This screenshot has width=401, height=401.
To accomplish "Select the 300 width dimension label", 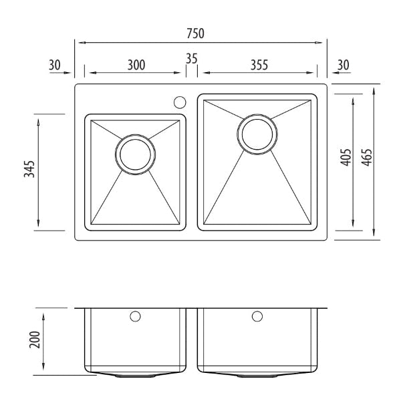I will pyautogui.click(x=136, y=65).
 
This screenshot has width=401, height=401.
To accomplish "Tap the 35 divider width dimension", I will pyautogui.click(x=191, y=59).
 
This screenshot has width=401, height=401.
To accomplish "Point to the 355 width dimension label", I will pyautogui.click(x=259, y=65).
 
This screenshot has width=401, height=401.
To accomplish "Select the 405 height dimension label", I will pyautogui.click(x=346, y=158).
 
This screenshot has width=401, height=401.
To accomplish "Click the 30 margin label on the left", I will pyautogui.click(x=55, y=65).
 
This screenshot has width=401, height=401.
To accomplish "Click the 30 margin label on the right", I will pyautogui.click(x=344, y=65).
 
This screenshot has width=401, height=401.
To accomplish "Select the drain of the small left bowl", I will pyautogui.click(x=136, y=154).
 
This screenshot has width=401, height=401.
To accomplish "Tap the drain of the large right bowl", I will pyautogui.click(x=257, y=132).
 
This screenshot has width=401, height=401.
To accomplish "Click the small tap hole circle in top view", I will pyautogui.click(x=179, y=103).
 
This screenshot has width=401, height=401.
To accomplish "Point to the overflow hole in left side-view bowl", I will pyautogui.click(x=135, y=315).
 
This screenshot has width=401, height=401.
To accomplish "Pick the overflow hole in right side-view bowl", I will pyautogui.click(x=256, y=315).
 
